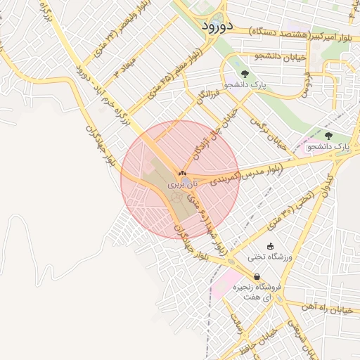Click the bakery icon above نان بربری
(x=182, y=172)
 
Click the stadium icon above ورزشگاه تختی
(x=271, y=245)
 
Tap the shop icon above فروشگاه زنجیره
(x=257, y=277)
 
